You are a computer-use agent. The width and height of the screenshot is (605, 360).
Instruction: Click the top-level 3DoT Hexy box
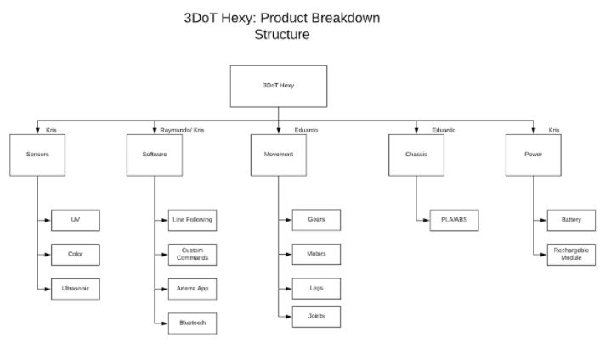point(279,86)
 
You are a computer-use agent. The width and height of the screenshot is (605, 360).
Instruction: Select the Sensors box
point(37,155)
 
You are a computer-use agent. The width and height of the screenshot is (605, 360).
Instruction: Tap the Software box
point(155,155)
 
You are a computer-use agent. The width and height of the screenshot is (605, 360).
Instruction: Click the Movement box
point(279,155)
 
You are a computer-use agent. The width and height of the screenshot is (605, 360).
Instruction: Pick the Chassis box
point(416,155)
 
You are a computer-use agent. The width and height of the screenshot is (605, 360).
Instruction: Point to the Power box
point(534,155)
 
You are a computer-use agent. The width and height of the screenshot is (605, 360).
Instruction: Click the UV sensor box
point(76,220)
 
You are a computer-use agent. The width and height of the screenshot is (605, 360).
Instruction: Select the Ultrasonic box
point(76,289)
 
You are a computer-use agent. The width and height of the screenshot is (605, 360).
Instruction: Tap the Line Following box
point(193,220)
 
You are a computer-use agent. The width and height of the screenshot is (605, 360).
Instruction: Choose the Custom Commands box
point(193,255)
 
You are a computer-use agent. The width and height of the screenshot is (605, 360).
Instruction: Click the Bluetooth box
point(193,323)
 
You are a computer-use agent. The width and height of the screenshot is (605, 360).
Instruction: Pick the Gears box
point(316,220)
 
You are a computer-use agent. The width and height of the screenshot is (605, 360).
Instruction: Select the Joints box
point(316,317)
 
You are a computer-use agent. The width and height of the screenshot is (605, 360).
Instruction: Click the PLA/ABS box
point(454,220)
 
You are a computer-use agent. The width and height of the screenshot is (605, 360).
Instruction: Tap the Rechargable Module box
point(571,255)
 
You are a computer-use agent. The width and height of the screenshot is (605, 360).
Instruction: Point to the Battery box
point(571,220)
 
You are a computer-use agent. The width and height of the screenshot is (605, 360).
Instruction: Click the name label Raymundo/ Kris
point(182,130)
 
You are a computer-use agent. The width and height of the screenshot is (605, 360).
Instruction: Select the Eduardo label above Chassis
point(444,130)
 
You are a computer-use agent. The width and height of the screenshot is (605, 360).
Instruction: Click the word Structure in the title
point(282,35)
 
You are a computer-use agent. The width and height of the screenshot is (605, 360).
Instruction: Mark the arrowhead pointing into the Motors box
point(289,255)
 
